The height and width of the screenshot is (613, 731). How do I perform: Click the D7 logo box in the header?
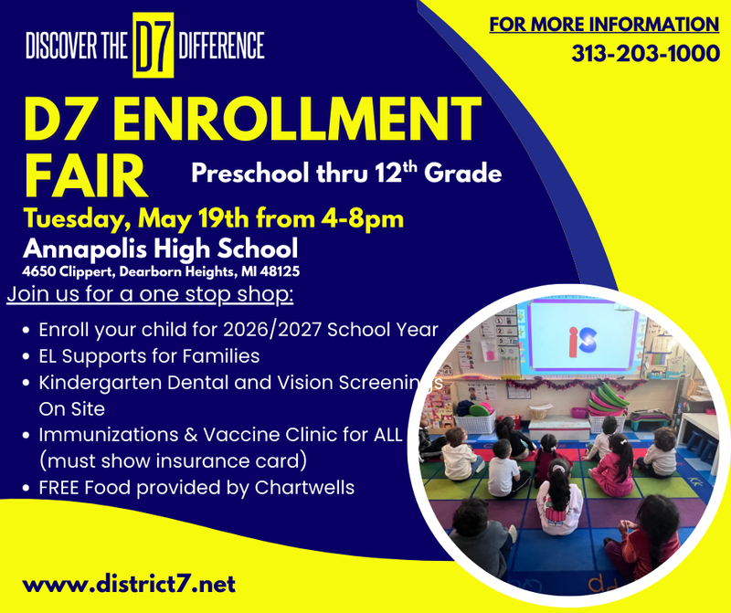(x=154, y=45)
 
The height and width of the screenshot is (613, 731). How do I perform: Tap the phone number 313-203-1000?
(x=645, y=53)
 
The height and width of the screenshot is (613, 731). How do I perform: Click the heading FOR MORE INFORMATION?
(x=604, y=24)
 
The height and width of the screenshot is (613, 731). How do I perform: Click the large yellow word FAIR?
(x=86, y=176)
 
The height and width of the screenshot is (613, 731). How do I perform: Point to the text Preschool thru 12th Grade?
(x=346, y=172)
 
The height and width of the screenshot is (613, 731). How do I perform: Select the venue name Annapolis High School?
(x=161, y=248)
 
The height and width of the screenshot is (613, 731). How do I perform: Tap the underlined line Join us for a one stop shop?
(x=150, y=295)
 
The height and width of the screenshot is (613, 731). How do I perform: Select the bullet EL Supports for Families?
(x=149, y=355)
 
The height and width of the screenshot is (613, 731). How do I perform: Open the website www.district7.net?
(x=129, y=582)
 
